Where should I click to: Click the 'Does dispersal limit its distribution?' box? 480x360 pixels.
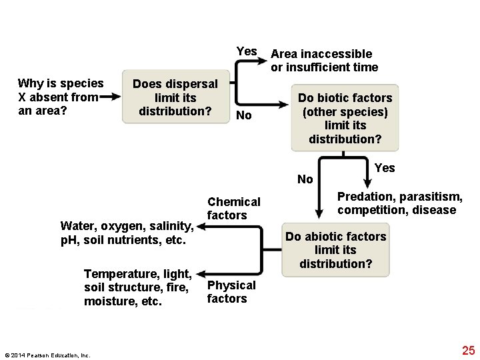click(x=175, y=97)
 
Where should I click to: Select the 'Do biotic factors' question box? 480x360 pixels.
click(x=345, y=118)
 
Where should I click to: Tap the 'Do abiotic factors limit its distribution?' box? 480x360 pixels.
click(x=336, y=250)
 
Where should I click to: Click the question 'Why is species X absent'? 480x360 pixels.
click(x=60, y=97)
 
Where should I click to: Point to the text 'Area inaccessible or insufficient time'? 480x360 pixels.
click(x=324, y=60)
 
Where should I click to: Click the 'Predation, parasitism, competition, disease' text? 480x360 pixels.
click(x=399, y=203)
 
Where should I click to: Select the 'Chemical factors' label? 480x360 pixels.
click(x=233, y=208)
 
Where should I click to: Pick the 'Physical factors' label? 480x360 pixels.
click(x=231, y=291)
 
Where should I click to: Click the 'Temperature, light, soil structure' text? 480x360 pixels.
click(x=138, y=287)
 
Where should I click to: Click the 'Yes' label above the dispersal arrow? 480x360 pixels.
click(x=247, y=51)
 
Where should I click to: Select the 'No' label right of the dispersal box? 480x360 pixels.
click(x=244, y=115)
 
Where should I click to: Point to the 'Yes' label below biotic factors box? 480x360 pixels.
click(x=385, y=168)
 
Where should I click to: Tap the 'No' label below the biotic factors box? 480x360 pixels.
click(x=305, y=179)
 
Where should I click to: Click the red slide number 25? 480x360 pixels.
click(x=468, y=350)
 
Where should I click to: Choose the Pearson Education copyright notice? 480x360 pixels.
click(x=47, y=355)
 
